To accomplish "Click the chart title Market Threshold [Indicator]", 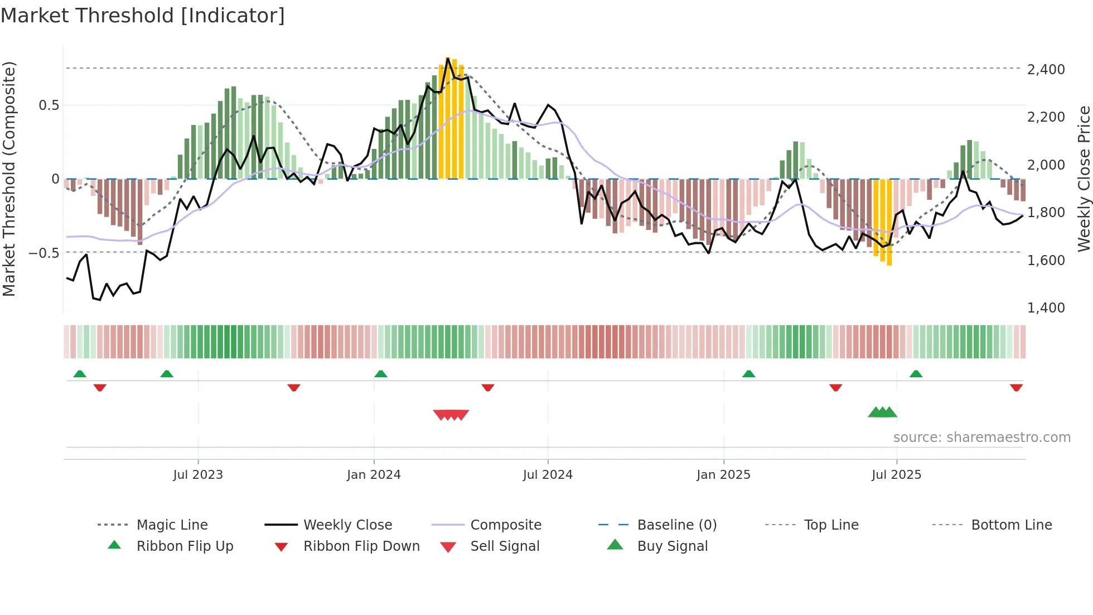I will click(x=143, y=16).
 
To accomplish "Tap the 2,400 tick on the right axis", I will click(x=1046, y=70).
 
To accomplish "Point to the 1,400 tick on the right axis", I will click(x=1046, y=308).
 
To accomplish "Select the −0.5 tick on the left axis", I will click(x=43, y=253).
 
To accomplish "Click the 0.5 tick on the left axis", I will click(x=49, y=105).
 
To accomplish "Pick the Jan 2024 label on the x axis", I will click(x=374, y=475).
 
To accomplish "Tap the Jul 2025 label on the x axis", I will click(x=896, y=475).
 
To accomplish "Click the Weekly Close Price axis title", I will click(x=1084, y=179).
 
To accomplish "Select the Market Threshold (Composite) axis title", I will click(x=9, y=179).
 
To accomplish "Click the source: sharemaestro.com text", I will click(x=981, y=438).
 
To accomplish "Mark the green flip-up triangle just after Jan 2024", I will click(x=381, y=374).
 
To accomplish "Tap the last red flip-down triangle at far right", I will click(x=1016, y=387).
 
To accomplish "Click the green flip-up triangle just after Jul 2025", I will click(x=916, y=374).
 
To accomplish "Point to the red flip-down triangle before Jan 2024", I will click(x=294, y=387).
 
